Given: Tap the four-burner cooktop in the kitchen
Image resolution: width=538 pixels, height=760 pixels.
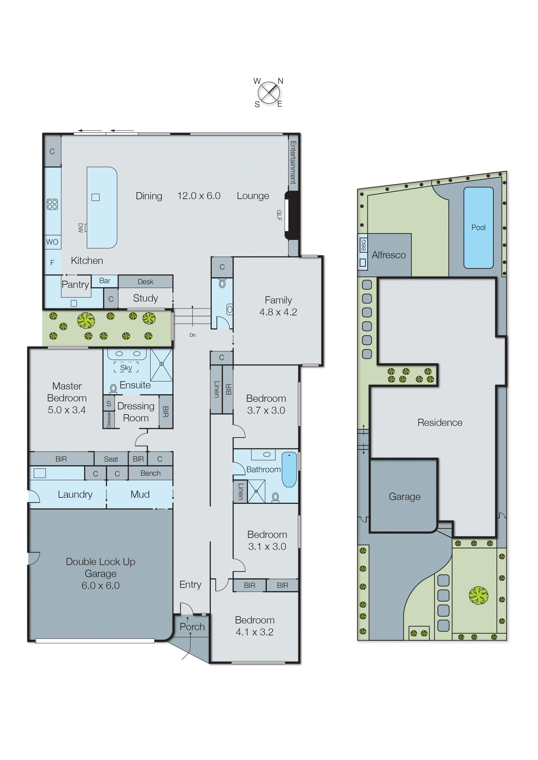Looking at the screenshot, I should (x=52, y=204).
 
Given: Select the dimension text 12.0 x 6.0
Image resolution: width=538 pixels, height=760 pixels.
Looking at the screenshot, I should (x=199, y=196).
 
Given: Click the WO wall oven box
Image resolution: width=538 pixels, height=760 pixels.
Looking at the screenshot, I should (x=52, y=242).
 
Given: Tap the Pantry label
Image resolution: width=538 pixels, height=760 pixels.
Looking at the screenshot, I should (x=75, y=284).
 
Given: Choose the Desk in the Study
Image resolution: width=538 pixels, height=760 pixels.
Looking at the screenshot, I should (x=145, y=282).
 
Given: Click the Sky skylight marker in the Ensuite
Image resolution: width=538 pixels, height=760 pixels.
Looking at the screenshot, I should (x=126, y=368).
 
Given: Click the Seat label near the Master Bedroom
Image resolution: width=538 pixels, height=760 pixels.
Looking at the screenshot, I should (x=111, y=459).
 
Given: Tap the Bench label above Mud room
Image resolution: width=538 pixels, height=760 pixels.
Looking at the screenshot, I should (x=150, y=473).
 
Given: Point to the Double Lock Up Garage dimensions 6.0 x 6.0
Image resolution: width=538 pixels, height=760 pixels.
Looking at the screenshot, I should (x=100, y=586).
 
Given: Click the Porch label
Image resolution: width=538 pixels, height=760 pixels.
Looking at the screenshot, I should (x=192, y=627).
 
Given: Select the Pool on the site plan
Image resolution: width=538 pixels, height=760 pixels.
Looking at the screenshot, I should (x=478, y=227).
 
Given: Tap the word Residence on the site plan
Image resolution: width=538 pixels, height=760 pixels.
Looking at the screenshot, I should (x=440, y=423).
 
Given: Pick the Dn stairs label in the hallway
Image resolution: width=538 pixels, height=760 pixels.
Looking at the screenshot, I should (x=192, y=335).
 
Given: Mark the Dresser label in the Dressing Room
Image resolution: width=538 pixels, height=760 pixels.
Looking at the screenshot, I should (x=109, y=419).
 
